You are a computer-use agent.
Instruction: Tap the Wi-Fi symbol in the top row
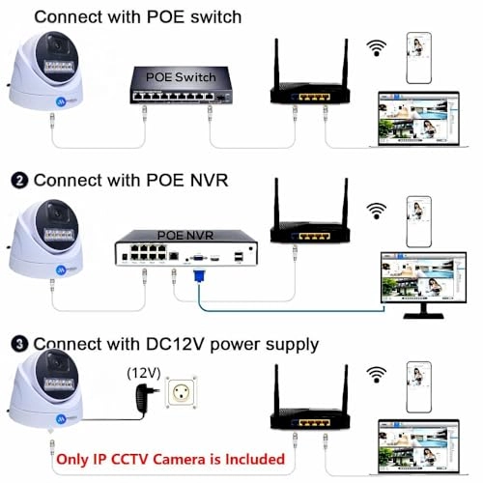tap(377, 49)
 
